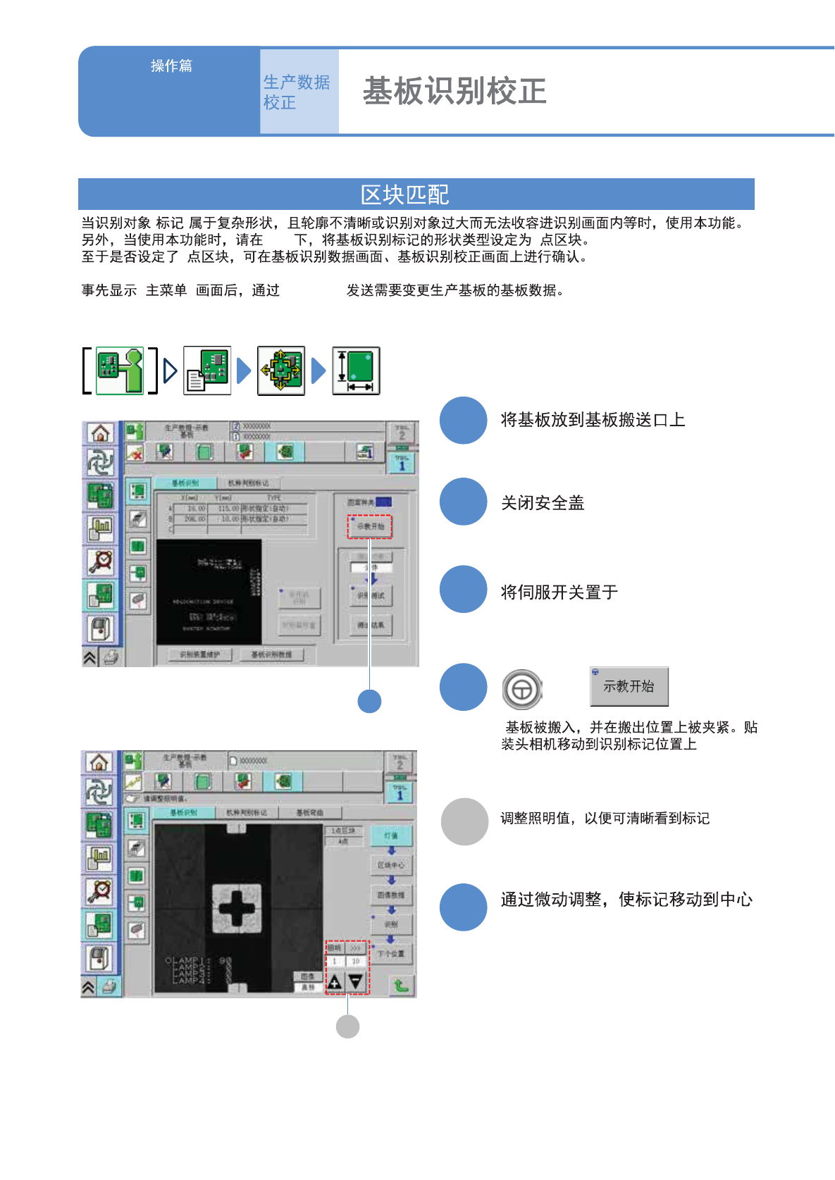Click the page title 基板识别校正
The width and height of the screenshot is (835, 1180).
(x=454, y=92)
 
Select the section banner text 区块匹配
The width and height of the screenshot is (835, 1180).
(x=404, y=194)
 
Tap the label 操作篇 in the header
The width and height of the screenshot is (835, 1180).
(x=171, y=66)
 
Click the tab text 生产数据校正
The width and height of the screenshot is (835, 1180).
(x=296, y=92)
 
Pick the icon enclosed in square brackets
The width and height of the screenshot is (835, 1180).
(x=120, y=371)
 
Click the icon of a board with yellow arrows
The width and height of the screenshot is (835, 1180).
(x=281, y=371)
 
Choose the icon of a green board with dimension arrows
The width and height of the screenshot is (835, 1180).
(x=356, y=371)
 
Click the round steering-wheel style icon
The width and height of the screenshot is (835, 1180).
(x=522, y=689)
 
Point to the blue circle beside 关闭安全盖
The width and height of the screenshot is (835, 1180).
(x=463, y=502)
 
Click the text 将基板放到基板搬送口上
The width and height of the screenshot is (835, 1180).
(x=593, y=420)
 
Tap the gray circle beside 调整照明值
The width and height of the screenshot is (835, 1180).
(x=464, y=821)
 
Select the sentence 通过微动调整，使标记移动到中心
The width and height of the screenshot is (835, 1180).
(x=626, y=900)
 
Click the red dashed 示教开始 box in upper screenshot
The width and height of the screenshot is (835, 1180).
(x=370, y=526)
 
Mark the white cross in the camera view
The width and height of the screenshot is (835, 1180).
(x=237, y=906)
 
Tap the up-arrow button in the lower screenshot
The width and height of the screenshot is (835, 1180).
(x=335, y=981)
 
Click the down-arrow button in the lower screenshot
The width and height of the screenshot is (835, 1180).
(x=356, y=981)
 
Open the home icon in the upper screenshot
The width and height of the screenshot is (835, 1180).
(x=100, y=433)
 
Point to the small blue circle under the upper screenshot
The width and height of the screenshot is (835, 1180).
(x=369, y=701)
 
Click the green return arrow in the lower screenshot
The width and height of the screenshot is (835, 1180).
(x=401, y=985)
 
